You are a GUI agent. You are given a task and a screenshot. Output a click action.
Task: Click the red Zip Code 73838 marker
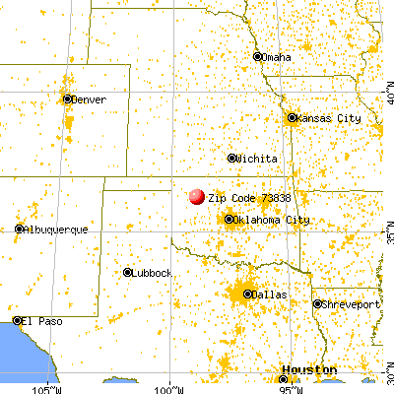(196, 197)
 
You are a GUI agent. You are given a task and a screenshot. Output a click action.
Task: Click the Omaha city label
(276, 57)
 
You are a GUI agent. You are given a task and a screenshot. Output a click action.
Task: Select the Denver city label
(90, 99)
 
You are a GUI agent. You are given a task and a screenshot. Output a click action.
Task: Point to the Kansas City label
(328, 118)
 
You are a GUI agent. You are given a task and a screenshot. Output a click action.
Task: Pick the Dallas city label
(263, 294)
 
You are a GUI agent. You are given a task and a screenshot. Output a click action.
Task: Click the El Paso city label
(42, 321)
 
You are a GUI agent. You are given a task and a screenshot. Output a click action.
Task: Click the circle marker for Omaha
(258, 56)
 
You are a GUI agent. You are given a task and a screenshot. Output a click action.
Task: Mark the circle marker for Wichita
(232, 158)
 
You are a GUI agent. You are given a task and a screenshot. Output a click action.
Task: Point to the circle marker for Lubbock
(128, 272)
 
